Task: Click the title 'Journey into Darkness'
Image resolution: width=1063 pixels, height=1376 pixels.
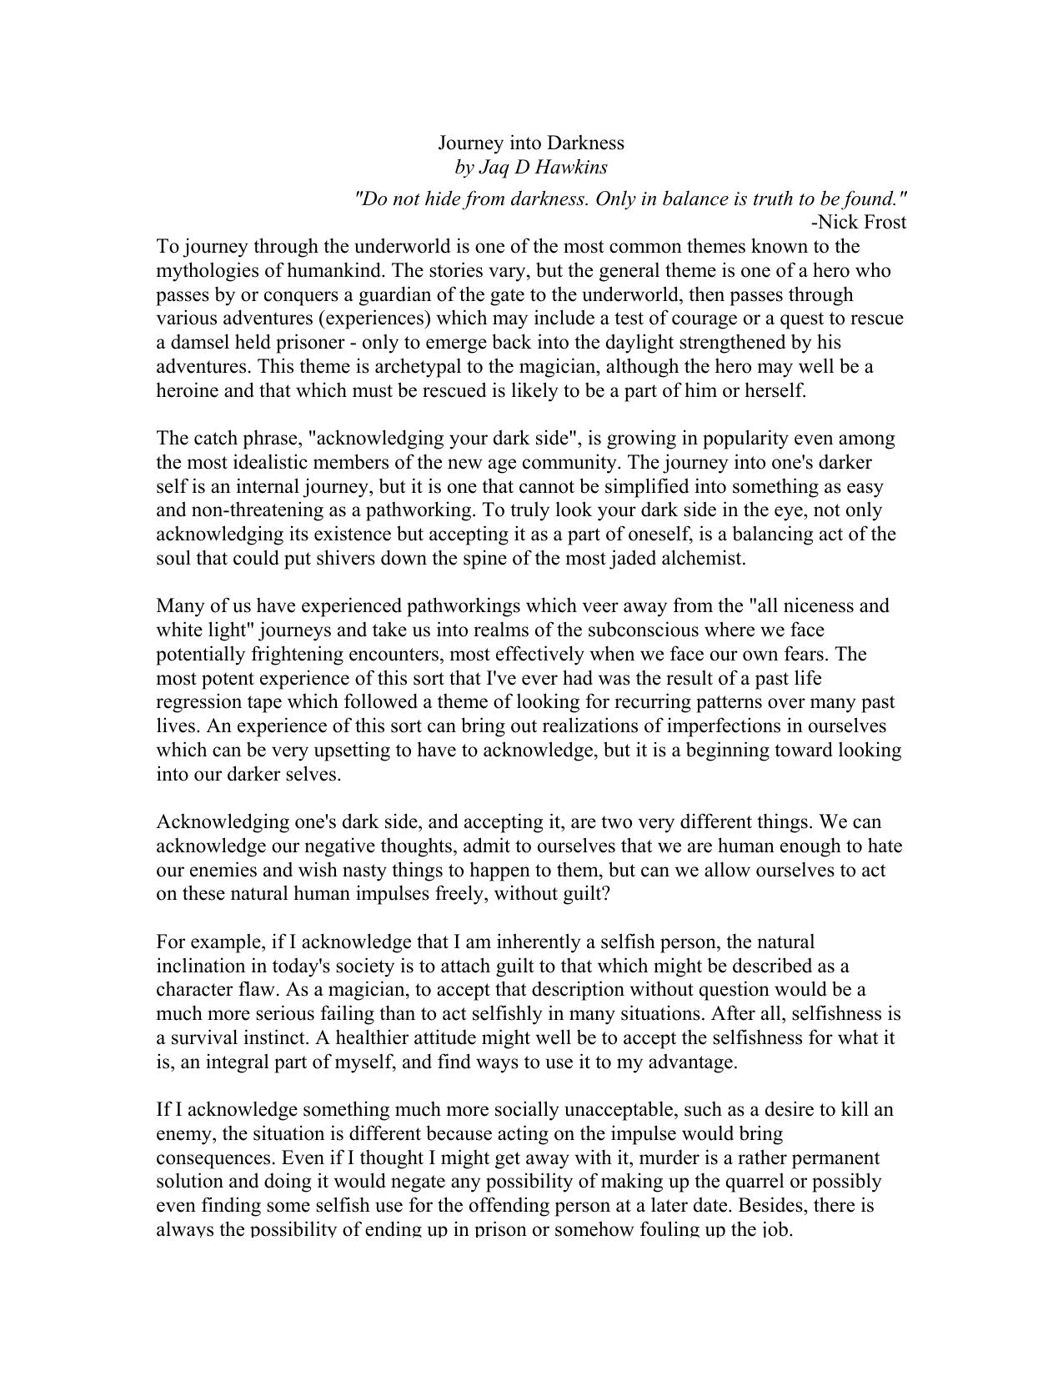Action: [x=531, y=143]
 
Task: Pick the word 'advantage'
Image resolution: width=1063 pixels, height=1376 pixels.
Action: [x=697, y=1062]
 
